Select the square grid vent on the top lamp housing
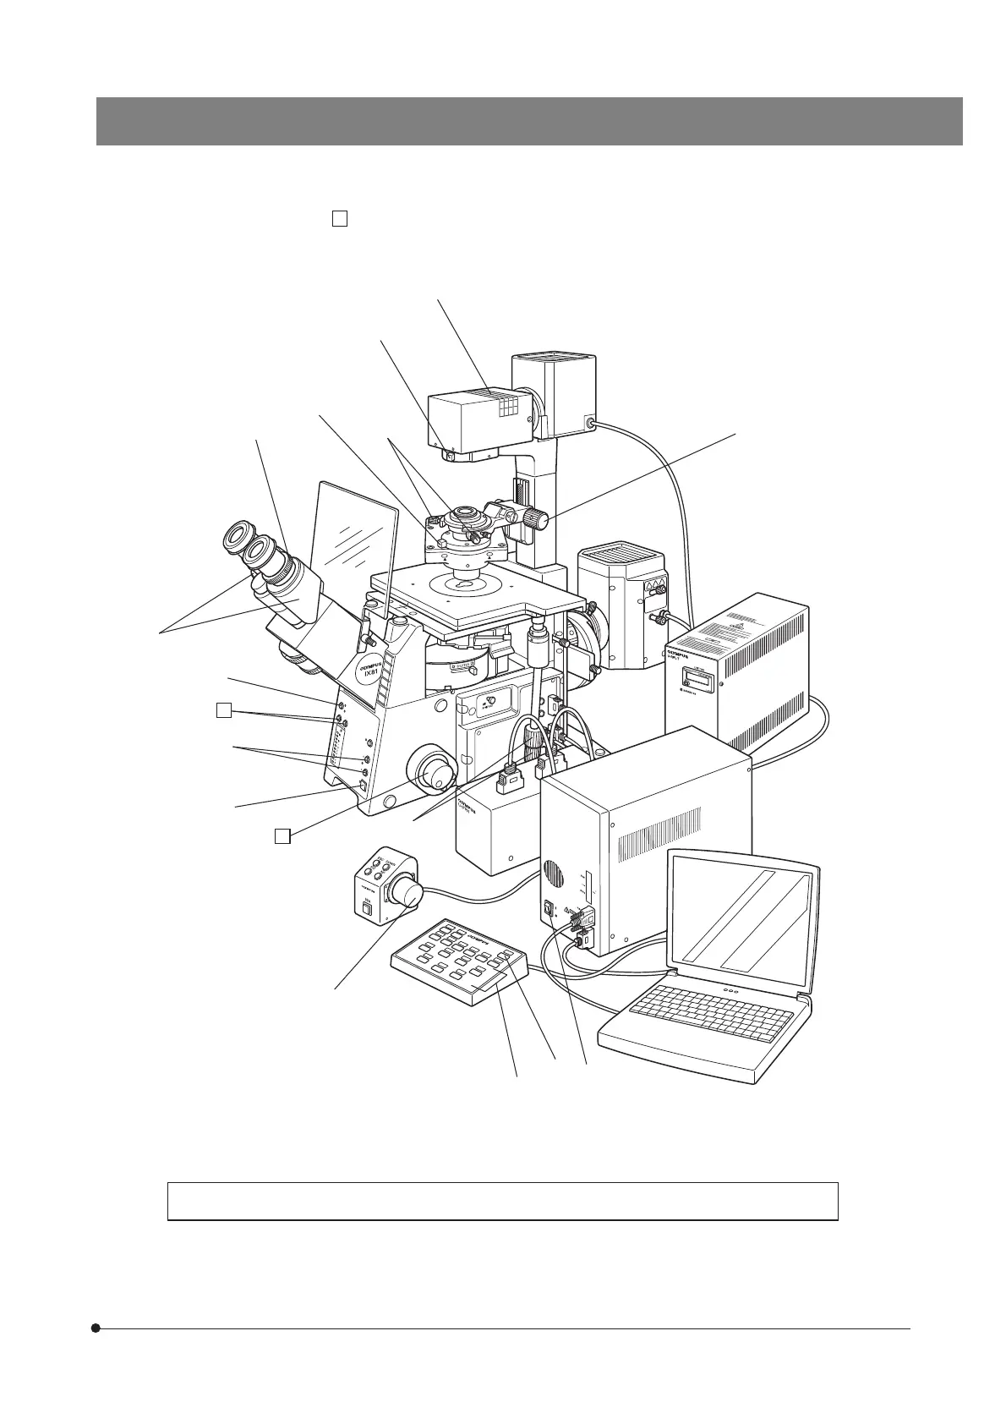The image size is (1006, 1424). (x=508, y=408)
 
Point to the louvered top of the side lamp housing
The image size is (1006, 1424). (x=618, y=561)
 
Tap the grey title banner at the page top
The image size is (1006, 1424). (x=529, y=121)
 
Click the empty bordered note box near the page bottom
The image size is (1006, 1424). (x=502, y=1201)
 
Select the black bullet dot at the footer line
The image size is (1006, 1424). (x=96, y=1328)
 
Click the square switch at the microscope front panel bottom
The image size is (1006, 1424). (x=364, y=786)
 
